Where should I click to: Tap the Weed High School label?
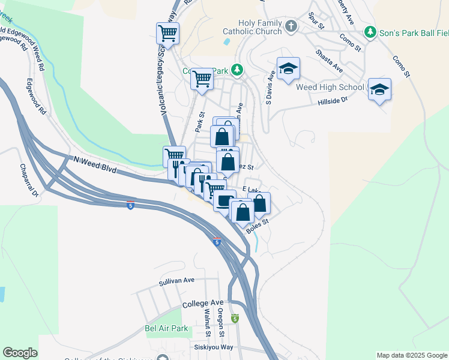(330, 88)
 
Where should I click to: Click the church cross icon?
(291, 26)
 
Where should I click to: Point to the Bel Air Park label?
(166, 328)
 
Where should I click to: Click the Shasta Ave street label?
(330, 61)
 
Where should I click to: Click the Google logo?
(20, 353)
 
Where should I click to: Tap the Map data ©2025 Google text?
(412, 355)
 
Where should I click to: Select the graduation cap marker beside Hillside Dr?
(379, 89)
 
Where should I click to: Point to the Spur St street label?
(316, 22)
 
